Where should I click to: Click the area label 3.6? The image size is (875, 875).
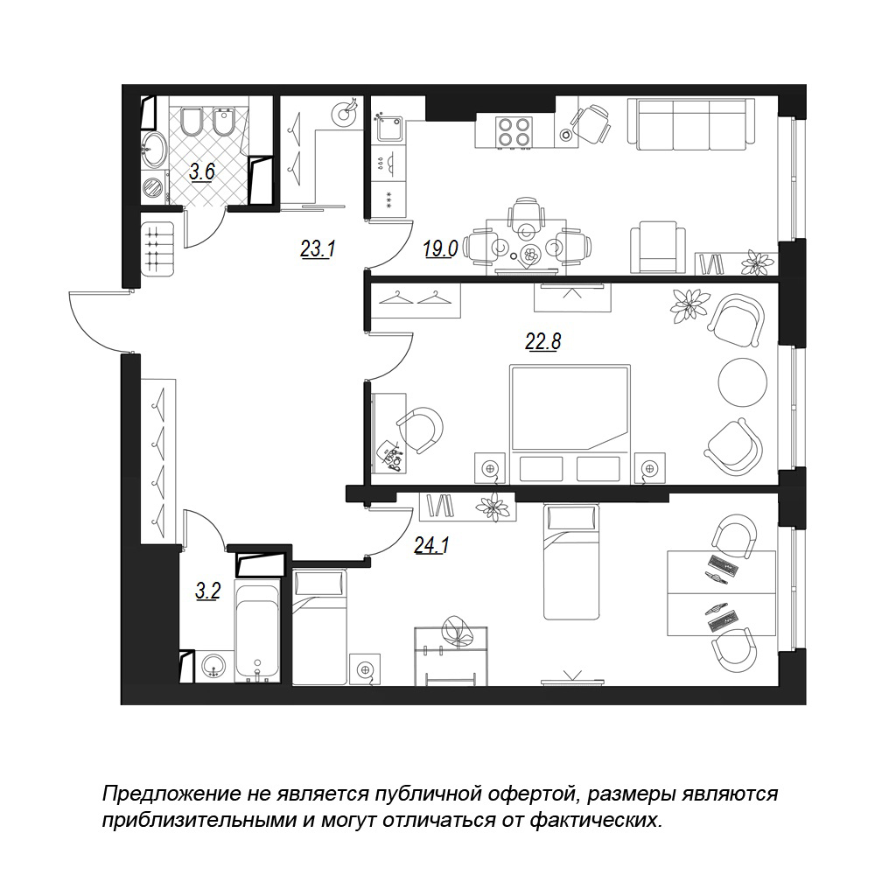(201, 171)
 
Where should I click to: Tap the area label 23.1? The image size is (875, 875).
(318, 248)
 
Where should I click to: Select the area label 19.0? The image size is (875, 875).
(440, 248)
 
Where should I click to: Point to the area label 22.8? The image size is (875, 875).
(543, 340)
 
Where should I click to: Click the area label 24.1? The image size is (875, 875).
(432, 544)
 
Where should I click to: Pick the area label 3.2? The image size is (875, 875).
(207, 590)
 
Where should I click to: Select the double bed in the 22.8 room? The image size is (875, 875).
(570, 423)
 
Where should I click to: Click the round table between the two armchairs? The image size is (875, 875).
(743, 383)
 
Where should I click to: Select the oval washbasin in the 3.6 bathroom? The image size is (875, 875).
(153, 150)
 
